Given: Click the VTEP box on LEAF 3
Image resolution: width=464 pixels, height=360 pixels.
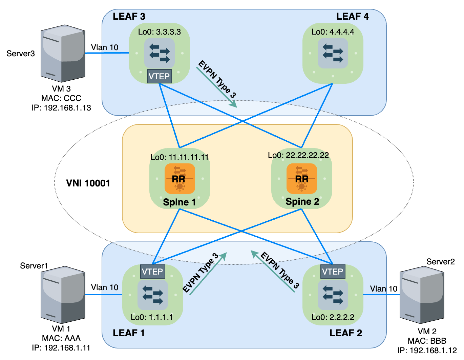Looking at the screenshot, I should (x=159, y=76).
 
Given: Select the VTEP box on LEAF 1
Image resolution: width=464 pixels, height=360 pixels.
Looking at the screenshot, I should (x=152, y=272).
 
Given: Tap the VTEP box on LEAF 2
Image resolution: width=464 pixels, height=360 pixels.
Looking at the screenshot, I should (x=333, y=272).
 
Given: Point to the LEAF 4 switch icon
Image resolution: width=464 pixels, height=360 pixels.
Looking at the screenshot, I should (x=333, y=53).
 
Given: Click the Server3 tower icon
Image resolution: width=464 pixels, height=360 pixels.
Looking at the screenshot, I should (x=63, y=53).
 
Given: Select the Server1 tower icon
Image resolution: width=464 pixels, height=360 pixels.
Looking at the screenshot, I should (x=63, y=295).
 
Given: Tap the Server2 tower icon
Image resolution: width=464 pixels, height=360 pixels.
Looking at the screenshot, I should (x=422, y=295).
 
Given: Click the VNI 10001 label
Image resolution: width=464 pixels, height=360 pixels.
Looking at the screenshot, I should (x=88, y=183).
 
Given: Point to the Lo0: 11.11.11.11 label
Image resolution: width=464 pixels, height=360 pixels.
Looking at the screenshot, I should (x=180, y=157).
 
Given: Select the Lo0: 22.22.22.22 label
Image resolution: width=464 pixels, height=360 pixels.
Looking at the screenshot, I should (x=298, y=155).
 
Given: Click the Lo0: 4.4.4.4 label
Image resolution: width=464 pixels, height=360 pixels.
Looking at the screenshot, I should (x=333, y=32).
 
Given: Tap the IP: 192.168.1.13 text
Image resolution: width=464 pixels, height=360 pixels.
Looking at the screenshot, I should (x=61, y=108).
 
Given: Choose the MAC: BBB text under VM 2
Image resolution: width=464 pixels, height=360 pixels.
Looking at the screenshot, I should (x=427, y=341).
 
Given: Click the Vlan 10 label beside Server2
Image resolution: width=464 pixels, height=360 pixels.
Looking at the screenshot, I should (x=383, y=289).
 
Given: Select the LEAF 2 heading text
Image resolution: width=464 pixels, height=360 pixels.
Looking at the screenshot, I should (x=345, y=333).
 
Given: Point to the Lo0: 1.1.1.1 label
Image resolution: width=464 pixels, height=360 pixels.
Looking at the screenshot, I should (x=152, y=317).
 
